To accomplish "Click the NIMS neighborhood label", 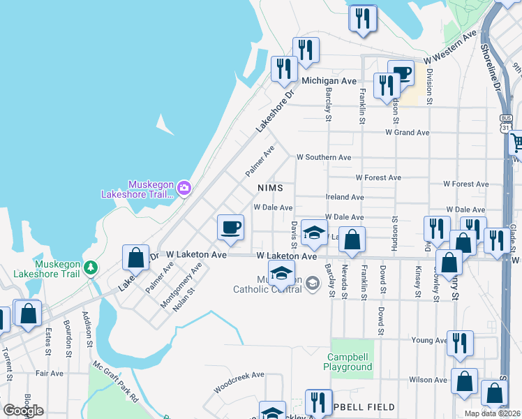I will (269, 188).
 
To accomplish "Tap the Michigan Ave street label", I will (329, 81).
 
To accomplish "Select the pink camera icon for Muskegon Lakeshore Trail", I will (184, 187).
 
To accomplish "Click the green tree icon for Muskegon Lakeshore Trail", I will (90, 267).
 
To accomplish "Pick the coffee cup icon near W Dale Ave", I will (230, 227).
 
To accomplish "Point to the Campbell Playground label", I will (350, 362).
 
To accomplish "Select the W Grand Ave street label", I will (407, 132).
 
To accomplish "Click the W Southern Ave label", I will (323, 157).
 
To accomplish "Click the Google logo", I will (23, 411).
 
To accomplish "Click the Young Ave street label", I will (428, 340).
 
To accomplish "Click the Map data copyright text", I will (492, 413).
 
